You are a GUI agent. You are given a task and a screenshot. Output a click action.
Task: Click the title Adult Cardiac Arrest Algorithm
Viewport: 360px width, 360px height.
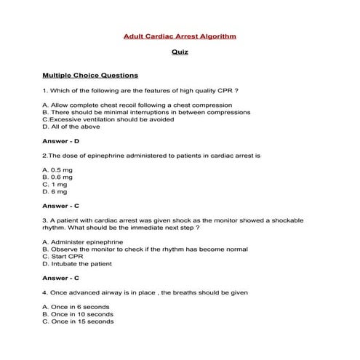[x=180, y=36]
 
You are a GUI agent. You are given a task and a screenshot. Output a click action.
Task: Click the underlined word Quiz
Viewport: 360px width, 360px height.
[x=180, y=53]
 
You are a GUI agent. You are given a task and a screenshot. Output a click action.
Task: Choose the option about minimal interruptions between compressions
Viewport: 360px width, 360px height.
[x=146, y=113]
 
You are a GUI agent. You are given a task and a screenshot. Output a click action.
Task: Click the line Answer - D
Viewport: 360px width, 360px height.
[x=61, y=141]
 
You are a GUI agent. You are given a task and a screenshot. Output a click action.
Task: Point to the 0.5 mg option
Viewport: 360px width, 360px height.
[x=57, y=169]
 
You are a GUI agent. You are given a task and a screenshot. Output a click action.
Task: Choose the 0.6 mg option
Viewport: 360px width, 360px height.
[x=57, y=177]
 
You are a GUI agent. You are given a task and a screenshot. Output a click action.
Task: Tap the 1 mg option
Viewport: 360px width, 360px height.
[x=55, y=184]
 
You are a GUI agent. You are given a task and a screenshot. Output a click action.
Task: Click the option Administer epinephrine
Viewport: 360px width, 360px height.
[x=82, y=241]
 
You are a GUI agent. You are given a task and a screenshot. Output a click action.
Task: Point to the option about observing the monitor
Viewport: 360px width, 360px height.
[x=145, y=249]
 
